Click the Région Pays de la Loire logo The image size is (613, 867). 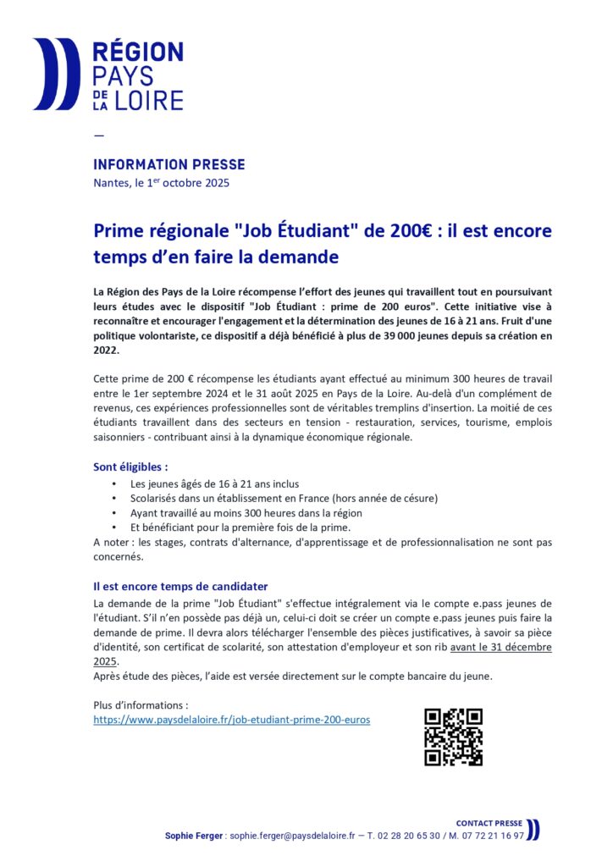click(108, 75)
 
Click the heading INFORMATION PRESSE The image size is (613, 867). click(168, 164)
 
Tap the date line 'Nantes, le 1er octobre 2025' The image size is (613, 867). click(161, 183)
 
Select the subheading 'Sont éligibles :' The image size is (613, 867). click(130, 467)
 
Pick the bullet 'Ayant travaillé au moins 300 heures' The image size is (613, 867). click(246, 513)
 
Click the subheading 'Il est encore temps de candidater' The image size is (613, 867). click(180, 586)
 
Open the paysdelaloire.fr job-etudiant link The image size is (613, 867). click(231, 719)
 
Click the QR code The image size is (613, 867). click(453, 737)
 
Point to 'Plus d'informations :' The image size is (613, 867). click(140, 704)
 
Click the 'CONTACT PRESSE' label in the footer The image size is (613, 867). click(489, 823)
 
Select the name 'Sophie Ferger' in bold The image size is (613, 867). click(195, 835)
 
